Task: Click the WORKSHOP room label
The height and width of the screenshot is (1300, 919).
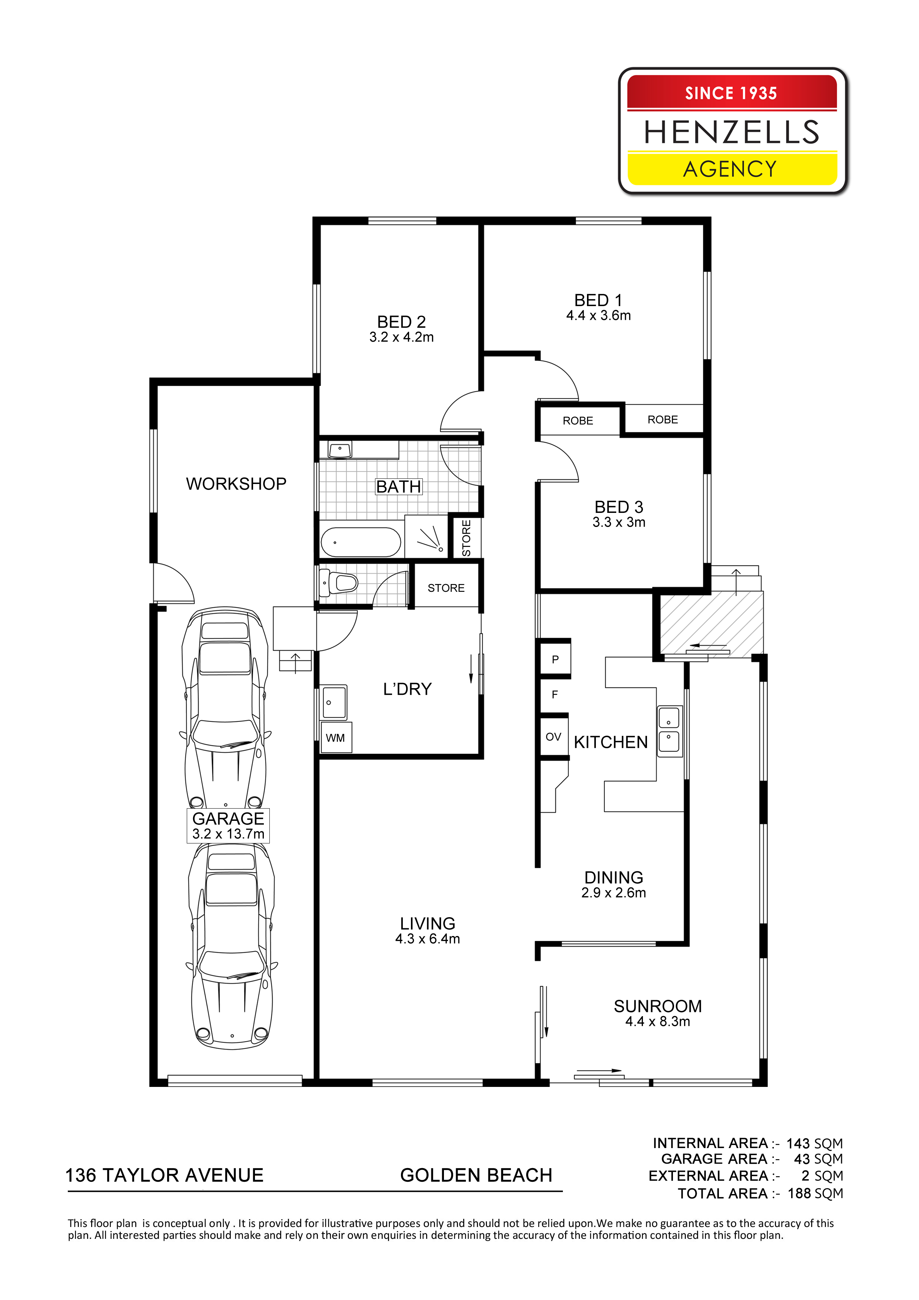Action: (x=236, y=484)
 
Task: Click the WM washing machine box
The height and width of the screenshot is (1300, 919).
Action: (x=336, y=738)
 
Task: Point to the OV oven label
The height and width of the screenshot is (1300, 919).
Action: (x=553, y=737)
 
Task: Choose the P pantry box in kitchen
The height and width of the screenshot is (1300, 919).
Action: (x=555, y=659)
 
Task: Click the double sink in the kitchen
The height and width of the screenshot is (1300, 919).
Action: (x=669, y=732)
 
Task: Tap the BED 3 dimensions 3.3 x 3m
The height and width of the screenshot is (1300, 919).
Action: (x=619, y=522)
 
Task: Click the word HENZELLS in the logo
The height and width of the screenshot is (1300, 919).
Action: (x=731, y=132)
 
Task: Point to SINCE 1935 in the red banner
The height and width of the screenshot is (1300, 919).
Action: (x=731, y=93)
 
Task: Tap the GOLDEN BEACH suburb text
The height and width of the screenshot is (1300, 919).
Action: (x=476, y=1175)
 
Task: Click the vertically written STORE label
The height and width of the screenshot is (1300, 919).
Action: (x=466, y=538)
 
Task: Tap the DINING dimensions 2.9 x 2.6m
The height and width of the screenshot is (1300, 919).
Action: (x=613, y=892)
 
